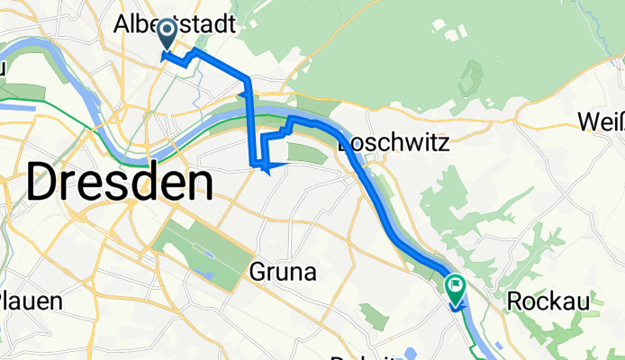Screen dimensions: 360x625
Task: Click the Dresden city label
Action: (120, 184)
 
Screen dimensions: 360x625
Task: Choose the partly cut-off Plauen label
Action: (30, 300)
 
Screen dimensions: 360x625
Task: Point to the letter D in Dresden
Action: (42, 184)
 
